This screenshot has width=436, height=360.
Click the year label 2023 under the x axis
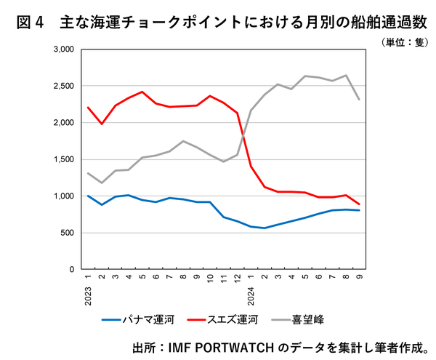(87, 295)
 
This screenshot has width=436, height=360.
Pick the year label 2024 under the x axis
(251, 295)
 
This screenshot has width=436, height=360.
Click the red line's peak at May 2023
(142, 92)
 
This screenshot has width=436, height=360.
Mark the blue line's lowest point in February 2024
(265, 228)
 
